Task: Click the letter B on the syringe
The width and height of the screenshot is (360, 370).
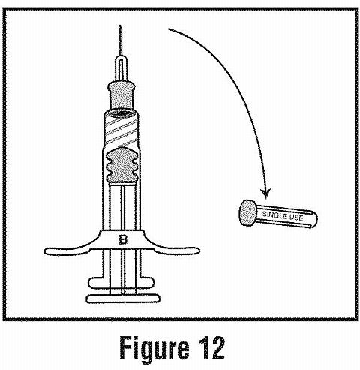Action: pyautogui.click(x=123, y=239)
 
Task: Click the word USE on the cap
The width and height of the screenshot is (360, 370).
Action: pyautogui.click(x=296, y=218)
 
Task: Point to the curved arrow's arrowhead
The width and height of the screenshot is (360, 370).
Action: pyautogui.click(x=265, y=194)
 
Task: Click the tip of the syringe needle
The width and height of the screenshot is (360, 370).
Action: pyautogui.click(x=120, y=26)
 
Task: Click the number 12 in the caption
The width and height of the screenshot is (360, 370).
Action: pyautogui.click(x=212, y=347)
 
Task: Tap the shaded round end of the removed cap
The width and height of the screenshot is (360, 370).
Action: pyautogui.click(x=247, y=213)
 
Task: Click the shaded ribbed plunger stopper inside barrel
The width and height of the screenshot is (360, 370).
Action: pyautogui.click(x=122, y=165)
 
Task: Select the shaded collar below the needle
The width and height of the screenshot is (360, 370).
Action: pyautogui.click(x=121, y=94)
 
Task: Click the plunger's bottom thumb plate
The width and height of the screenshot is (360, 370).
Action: pyautogui.click(x=123, y=299)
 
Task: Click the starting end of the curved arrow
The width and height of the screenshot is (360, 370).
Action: pyautogui.click(x=169, y=29)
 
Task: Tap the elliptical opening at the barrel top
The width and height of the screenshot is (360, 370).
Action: pyautogui.click(x=121, y=113)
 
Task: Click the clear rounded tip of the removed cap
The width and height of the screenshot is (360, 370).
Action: pyautogui.click(x=313, y=220)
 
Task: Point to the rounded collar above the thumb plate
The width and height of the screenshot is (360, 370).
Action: pyautogui.click(x=121, y=283)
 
